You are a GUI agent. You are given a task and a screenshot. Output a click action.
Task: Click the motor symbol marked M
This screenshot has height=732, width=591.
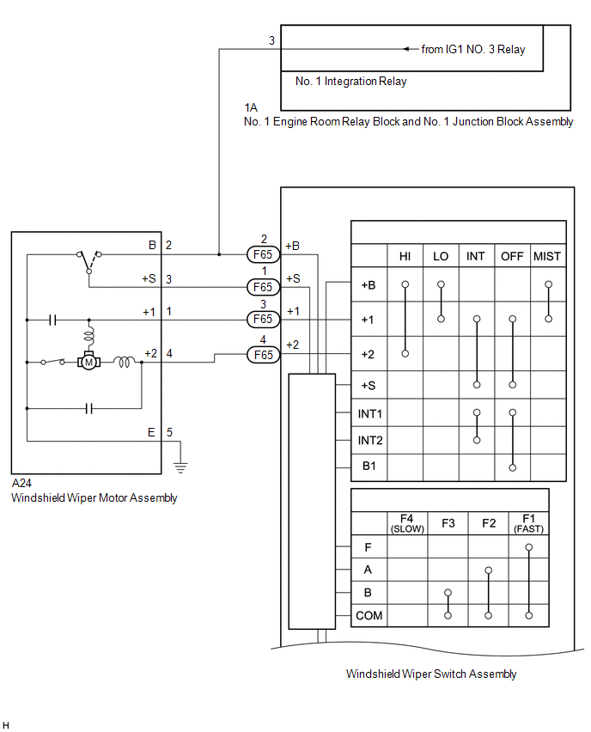[x=88, y=362]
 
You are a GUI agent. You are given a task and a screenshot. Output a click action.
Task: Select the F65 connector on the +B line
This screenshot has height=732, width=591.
[x=263, y=254]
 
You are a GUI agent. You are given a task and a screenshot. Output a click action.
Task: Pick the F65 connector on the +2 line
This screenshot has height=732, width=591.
[x=263, y=354]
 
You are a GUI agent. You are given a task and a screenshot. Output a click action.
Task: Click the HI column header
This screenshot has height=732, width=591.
[x=405, y=257]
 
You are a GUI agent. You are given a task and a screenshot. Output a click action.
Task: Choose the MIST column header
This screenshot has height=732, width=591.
[x=547, y=257]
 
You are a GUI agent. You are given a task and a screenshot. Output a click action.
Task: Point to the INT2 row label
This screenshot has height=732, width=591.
[x=370, y=441]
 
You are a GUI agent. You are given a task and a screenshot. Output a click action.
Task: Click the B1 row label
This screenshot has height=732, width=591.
[x=370, y=467]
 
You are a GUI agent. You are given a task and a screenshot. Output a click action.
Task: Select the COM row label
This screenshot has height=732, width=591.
[x=369, y=615]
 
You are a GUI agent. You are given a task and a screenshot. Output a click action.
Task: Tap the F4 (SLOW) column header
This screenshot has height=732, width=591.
[x=407, y=523]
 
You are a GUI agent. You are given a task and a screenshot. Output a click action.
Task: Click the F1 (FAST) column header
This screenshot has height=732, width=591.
[x=528, y=523]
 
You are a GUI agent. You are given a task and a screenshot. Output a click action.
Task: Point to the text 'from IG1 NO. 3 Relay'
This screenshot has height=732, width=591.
[x=473, y=49]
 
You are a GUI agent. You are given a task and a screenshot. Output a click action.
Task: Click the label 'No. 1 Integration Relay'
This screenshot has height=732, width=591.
[x=350, y=82]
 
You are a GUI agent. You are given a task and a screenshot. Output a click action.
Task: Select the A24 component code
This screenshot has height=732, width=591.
[x=21, y=484]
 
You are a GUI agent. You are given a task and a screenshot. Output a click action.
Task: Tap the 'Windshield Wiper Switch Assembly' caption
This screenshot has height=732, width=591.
[x=431, y=674]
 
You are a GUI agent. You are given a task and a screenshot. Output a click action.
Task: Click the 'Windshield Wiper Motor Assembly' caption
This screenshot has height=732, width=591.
[x=94, y=497]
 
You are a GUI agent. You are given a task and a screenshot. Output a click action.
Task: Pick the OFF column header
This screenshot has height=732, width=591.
[x=512, y=257]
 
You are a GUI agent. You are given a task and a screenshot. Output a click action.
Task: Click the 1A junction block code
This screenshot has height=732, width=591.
[x=251, y=107]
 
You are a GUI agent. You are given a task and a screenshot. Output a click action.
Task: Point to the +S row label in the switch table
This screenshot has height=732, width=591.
[x=368, y=386]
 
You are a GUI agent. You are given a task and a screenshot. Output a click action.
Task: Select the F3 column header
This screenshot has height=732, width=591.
[x=448, y=523]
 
